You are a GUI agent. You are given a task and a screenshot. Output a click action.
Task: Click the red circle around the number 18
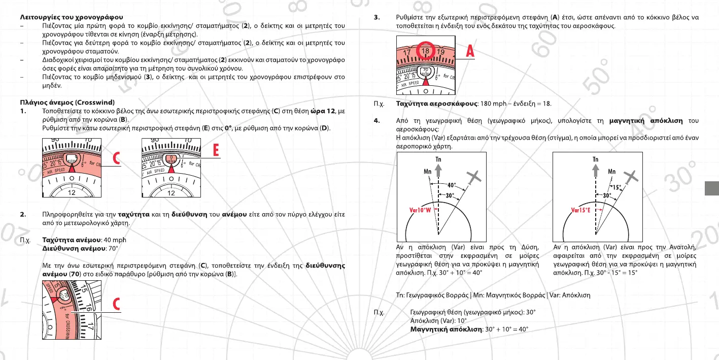[x=426, y=51]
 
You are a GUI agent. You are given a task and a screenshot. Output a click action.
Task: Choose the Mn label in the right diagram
[x=612, y=171]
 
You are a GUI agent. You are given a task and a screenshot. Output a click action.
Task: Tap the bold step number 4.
[x=376, y=121]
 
